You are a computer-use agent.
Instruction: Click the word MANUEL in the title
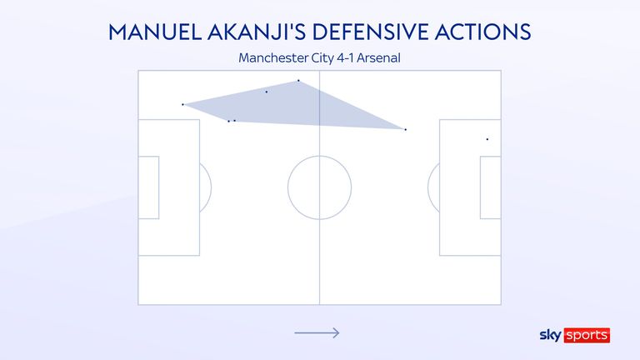(x=155, y=32)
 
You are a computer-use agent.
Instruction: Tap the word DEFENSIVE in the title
(x=370, y=32)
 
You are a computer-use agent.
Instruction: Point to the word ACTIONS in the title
(x=482, y=32)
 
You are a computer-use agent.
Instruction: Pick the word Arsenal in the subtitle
(x=378, y=58)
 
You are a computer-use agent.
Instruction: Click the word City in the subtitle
(x=322, y=58)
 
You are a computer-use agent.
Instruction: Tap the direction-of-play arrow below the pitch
(x=317, y=333)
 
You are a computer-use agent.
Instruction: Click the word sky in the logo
(x=551, y=336)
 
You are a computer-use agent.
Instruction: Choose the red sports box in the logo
(x=587, y=336)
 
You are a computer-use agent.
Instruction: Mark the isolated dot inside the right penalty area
(x=487, y=139)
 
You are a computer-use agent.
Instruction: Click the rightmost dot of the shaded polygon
(x=405, y=129)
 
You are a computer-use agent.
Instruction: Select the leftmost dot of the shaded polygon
(x=182, y=104)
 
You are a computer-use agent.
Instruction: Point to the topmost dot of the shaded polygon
(x=298, y=80)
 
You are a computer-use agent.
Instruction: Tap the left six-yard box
(x=159, y=187)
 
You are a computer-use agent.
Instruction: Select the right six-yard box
(x=480, y=187)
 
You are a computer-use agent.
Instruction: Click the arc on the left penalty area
(x=211, y=187)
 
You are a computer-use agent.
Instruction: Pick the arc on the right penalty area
(x=428, y=187)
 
